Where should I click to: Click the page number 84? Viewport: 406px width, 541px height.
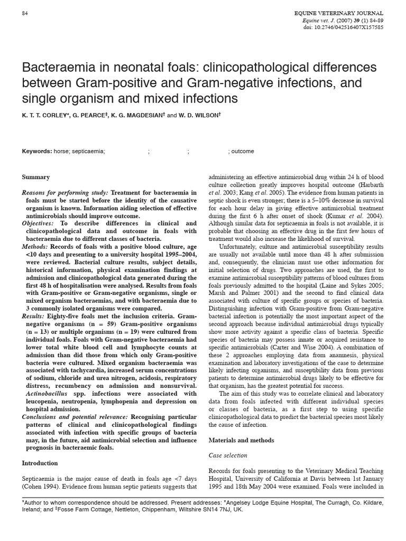coord(25,13)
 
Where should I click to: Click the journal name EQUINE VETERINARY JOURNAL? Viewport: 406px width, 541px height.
coord(346,13)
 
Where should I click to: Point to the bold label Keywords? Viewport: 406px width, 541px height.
coord(37,151)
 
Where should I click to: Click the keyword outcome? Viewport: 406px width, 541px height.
coord(242,151)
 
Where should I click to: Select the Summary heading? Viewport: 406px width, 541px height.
coord(36,177)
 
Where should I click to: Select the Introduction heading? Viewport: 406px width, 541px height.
coord(40,463)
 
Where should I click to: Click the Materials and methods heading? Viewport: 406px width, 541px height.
coord(241,440)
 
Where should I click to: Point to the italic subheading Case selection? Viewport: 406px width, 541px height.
coord(228,455)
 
